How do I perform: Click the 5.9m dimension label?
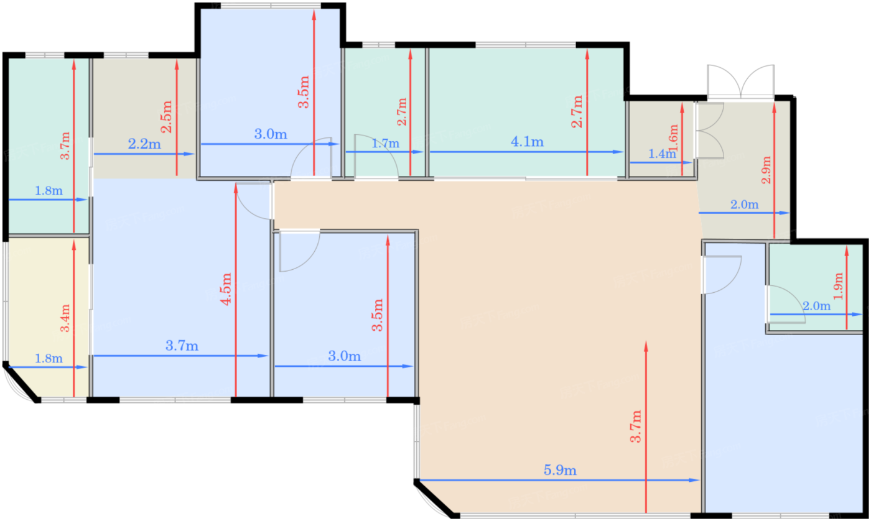click(560, 471)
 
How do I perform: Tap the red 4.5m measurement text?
click(226, 289)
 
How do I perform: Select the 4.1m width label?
click(527, 142)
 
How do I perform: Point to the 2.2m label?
click(144, 144)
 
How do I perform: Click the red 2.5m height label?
click(166, 116)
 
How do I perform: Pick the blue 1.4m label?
click(662, 154)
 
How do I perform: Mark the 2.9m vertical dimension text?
click(766, 170)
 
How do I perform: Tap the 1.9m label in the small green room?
click(839, 286)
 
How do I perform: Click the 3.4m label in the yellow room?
click(65, 318)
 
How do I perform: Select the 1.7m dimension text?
click(385, 144)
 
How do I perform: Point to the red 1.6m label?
click(674, 138)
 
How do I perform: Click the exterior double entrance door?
click(741, 81)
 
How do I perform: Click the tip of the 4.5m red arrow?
click(236, 184)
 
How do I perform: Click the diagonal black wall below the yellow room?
click(22, 382)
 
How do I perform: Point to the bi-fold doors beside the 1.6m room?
click(710, 131)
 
